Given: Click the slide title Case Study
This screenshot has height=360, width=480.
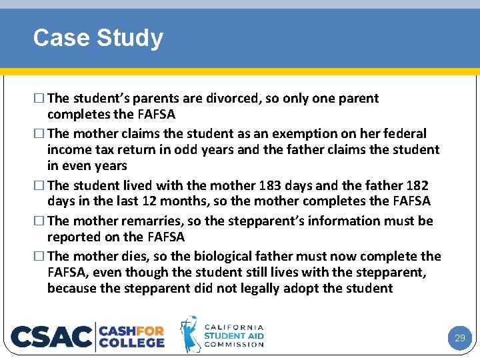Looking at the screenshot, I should pos(98,38).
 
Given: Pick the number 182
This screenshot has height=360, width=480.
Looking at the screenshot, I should pos(416,185).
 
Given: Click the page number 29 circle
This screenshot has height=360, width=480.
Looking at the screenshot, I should pos(459,338).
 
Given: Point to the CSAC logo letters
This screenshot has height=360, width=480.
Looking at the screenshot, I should pos(52,337).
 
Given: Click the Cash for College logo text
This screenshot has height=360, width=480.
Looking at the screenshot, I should pos(132,336).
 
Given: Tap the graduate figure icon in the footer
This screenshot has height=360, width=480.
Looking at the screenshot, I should pos(189,334).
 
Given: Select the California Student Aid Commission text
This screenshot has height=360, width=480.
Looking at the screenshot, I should pos(234,336).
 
